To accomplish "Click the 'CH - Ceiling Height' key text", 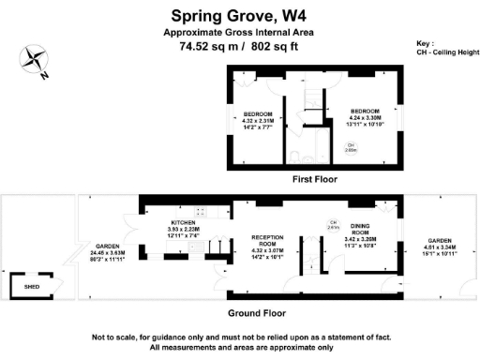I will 442,53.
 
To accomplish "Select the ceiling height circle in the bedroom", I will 350,146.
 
